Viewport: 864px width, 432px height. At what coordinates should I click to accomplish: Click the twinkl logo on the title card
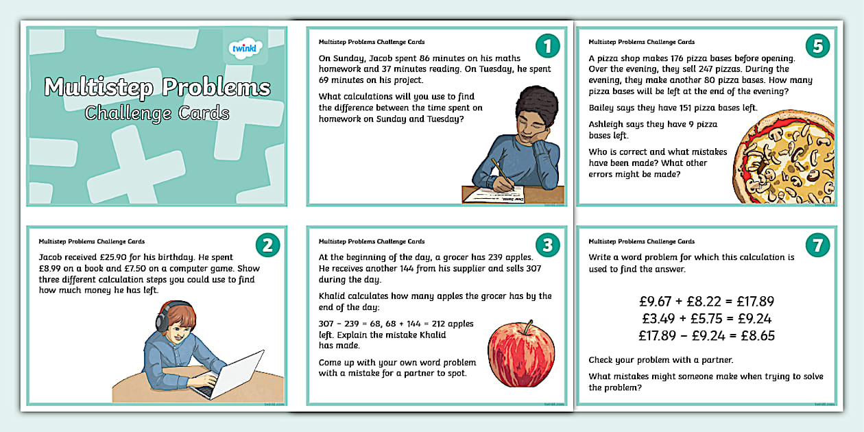click(x=245, y=50)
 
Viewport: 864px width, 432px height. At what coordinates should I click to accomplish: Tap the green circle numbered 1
click(x=547, y=46)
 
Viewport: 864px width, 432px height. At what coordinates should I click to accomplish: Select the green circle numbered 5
click(x=817, y=46)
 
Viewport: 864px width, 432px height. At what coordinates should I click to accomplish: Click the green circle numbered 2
click(x=268, y=245)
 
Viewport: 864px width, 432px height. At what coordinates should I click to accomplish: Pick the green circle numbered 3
click(x=547, y=245)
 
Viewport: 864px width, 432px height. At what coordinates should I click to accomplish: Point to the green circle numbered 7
click(x=817, y=245)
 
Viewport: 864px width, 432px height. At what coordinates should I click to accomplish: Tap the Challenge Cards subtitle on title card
click(x=157, y=112)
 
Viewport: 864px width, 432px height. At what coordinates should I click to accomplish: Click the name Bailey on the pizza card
click(x=604, y=108)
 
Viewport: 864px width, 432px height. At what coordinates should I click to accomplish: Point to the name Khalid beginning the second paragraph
click(x=334, y=296)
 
